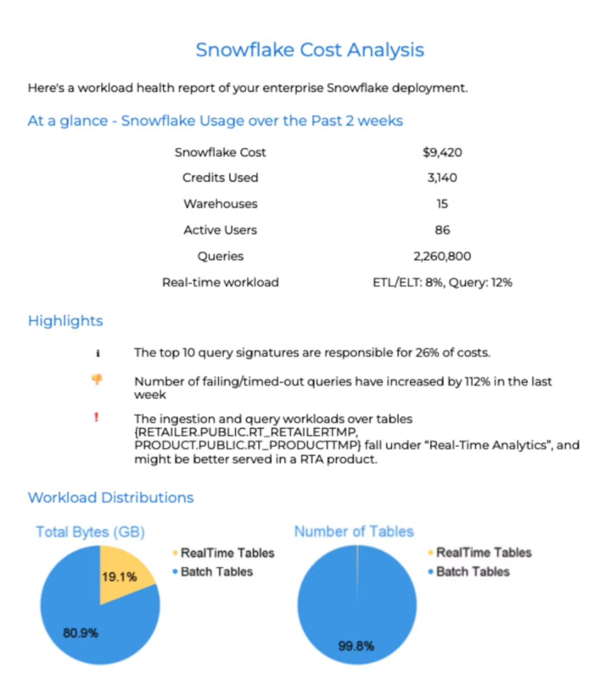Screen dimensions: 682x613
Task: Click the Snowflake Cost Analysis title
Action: tap(309, 50)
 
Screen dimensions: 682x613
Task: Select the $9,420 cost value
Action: tap(442, 153)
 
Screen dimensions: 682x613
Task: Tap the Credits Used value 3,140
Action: tap(442, 178)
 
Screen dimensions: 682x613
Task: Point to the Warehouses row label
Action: tap(220, 204)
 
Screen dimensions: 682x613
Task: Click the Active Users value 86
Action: tap(442, 230)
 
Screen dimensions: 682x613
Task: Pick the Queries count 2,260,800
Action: tap(442, 257)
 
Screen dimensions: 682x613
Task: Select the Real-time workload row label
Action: tap(220, 282)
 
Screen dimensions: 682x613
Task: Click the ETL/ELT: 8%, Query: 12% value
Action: tap(442, 282)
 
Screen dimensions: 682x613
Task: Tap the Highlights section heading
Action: tap(65, 321)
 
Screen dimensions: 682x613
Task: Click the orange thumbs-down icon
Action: tap(97, 380)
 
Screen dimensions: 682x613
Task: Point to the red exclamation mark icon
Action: tap(96, 417)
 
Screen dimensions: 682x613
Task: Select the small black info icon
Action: tap(98, 353)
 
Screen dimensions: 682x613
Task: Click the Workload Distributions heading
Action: tap(111, 497)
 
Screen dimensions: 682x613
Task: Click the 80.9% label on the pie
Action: tap(81, 633)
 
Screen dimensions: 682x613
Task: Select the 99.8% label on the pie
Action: tap(356, 646)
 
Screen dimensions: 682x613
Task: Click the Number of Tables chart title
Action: tap(354, 531)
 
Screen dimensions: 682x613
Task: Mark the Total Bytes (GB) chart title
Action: tap(90, 532)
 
